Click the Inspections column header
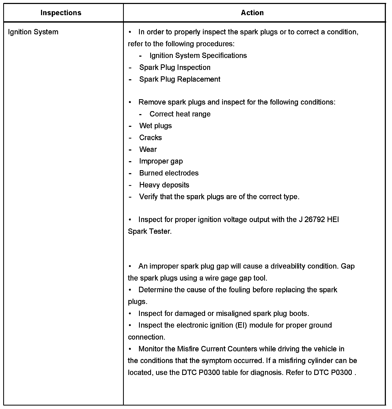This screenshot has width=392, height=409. pyautogui.click(x=61, y=13)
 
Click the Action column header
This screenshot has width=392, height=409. pyautogui.click(x=252, y=13)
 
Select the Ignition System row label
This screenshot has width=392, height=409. pyautogui.click(x=33, y=32)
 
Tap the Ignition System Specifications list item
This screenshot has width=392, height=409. pyautogui.click(x=198, y=56)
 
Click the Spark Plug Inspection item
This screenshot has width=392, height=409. pyautogui.click(x=175, y=68)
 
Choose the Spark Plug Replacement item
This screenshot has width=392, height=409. pyautogui.click(x=180, y=79)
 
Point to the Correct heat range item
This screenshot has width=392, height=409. pyautogui.click(x=180, y=114)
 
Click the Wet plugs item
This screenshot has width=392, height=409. pyautogui.click(x=156, y=126)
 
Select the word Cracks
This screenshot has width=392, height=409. pyautogui.click(x=150, y=137)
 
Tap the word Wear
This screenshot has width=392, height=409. pyautogui.click(x=148, y=149)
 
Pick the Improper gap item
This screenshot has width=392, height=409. pyautogui.click(x=161, y=161)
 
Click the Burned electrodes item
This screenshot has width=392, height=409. pyautogui.click(x=169, y=173)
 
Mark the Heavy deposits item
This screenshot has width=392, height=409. pyautogui.click(x=164, y=185)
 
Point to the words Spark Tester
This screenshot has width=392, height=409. pyautogui.click(x=150, y=231)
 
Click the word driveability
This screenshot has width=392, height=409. pyautogui.click(x=288, y=266)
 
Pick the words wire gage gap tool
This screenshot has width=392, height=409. pyautogui.click(x=232, y=278)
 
